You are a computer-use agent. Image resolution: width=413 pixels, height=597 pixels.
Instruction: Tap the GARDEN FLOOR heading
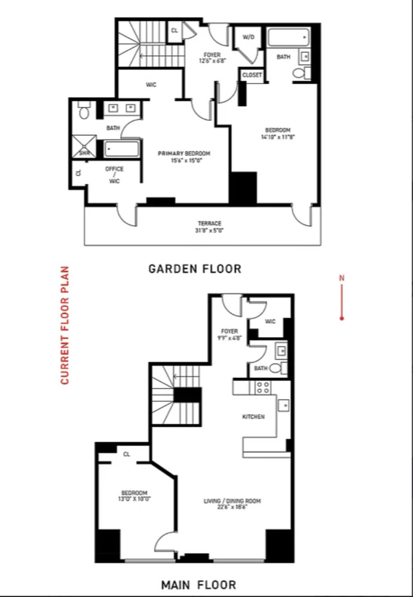195,269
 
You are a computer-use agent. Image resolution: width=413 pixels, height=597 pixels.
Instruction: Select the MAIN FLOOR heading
198,584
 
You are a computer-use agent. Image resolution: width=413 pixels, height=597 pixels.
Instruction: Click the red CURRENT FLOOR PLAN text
65,325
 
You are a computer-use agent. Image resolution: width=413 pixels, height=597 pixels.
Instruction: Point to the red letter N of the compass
342,278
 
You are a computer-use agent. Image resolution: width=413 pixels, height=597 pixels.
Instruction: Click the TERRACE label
209,223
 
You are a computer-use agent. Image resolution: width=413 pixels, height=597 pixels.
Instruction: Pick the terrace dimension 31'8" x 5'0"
209,230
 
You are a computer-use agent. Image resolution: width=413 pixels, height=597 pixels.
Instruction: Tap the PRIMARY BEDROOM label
184,153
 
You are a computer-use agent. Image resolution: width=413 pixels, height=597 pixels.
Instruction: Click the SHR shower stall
84,146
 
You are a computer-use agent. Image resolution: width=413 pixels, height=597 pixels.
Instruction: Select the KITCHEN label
253,417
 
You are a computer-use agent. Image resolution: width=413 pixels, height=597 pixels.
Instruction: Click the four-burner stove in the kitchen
262,387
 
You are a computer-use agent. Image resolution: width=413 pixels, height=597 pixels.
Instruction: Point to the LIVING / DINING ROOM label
232,501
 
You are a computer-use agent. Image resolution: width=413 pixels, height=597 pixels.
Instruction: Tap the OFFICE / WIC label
114,175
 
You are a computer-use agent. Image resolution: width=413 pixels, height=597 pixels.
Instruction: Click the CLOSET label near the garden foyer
252,75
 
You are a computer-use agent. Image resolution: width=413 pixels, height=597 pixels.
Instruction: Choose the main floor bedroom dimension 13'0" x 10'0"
134,498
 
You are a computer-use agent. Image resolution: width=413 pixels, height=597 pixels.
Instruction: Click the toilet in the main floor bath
277,368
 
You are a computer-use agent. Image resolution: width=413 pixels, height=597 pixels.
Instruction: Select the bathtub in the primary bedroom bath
122,149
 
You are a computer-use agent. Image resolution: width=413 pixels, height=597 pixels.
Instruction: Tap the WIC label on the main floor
270,322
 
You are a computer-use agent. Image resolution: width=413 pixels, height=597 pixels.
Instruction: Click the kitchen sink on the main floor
283,405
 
